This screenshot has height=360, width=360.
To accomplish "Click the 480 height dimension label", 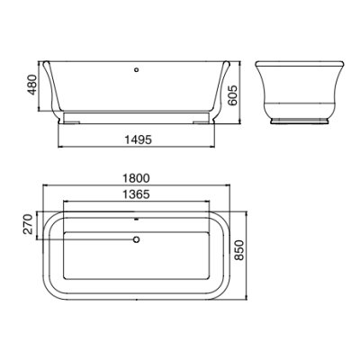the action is click(32, 85).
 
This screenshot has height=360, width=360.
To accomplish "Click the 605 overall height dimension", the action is click(232, 95).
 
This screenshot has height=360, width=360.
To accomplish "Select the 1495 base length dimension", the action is click(139, 139).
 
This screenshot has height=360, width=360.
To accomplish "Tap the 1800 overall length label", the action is click(136, 178).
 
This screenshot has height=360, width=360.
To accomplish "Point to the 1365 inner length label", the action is click(136, 194).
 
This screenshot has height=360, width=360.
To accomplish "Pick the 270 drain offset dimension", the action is click(28, 224).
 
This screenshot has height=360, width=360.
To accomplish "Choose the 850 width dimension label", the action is click(239, 250).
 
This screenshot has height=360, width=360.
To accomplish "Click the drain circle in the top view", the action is click(137, 239).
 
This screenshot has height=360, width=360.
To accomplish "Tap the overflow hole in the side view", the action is click(137, 70).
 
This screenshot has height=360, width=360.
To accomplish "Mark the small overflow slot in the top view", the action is click(137, 219).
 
